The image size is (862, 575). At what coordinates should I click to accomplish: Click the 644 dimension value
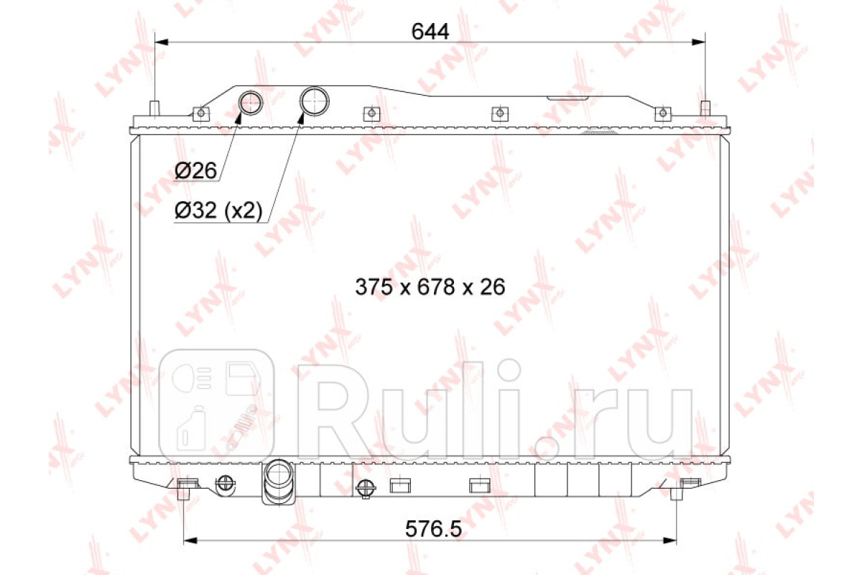click(x=430, y=32)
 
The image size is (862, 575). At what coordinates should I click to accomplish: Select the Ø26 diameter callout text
click(x=196, y=170)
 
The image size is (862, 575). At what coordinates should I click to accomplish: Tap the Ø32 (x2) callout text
click(x=218, y=211)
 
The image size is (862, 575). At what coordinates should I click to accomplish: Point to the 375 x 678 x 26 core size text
click(x=430, y=287)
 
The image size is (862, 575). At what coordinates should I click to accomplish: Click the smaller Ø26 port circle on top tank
click(x=251, y=103)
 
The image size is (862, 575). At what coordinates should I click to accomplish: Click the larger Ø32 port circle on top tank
click(x=315, y=101)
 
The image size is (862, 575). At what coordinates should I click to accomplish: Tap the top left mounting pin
click(x=154, y=109)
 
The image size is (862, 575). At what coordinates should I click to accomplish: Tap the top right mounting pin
click(x=705, y=109)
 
